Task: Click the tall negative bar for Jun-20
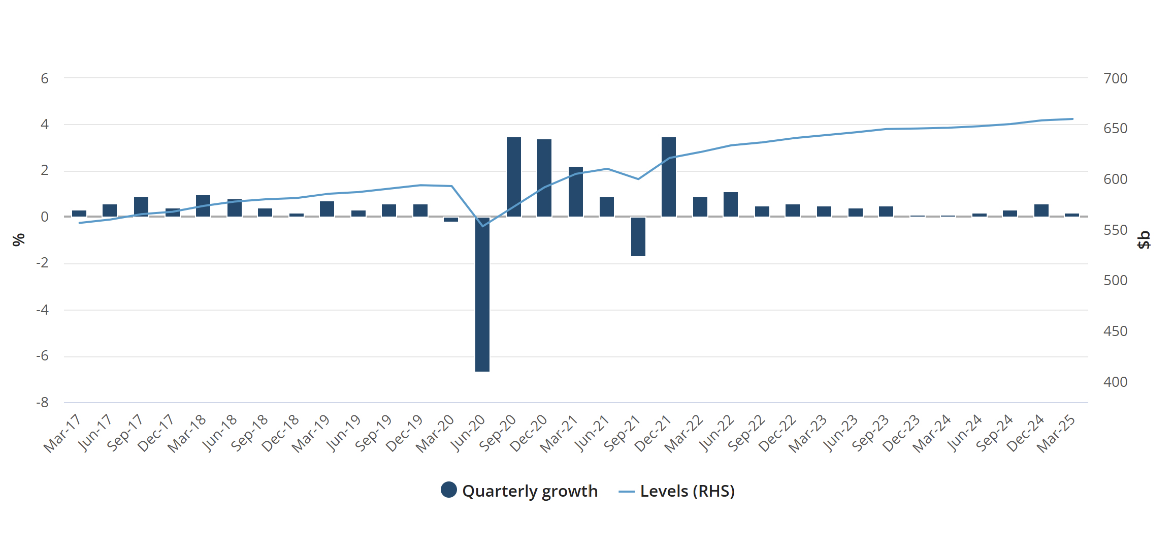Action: (482, 295)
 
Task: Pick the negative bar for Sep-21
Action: (638, 236)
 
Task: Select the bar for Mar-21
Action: (576, 192)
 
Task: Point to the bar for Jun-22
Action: (731, 204)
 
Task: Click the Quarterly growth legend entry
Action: (519, 491)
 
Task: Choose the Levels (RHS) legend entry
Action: (677, 491)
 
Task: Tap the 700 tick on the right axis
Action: (1115, 78)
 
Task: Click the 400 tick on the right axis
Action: (1115, 382)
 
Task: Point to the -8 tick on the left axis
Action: (43, 403)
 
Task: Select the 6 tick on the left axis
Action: (45, 78)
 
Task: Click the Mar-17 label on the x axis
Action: (62, 433)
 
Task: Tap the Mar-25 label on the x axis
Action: (1056, 433)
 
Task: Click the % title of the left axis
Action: (19, 239)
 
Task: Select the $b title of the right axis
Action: (1144, 239)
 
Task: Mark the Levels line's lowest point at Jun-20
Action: (482, 226)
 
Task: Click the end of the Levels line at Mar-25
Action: (1072, 119)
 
